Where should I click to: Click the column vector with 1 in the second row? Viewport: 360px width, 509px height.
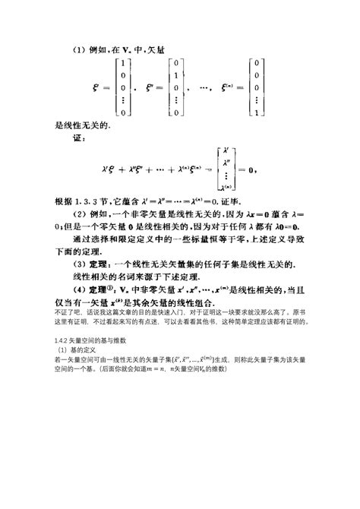click(175, 88)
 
